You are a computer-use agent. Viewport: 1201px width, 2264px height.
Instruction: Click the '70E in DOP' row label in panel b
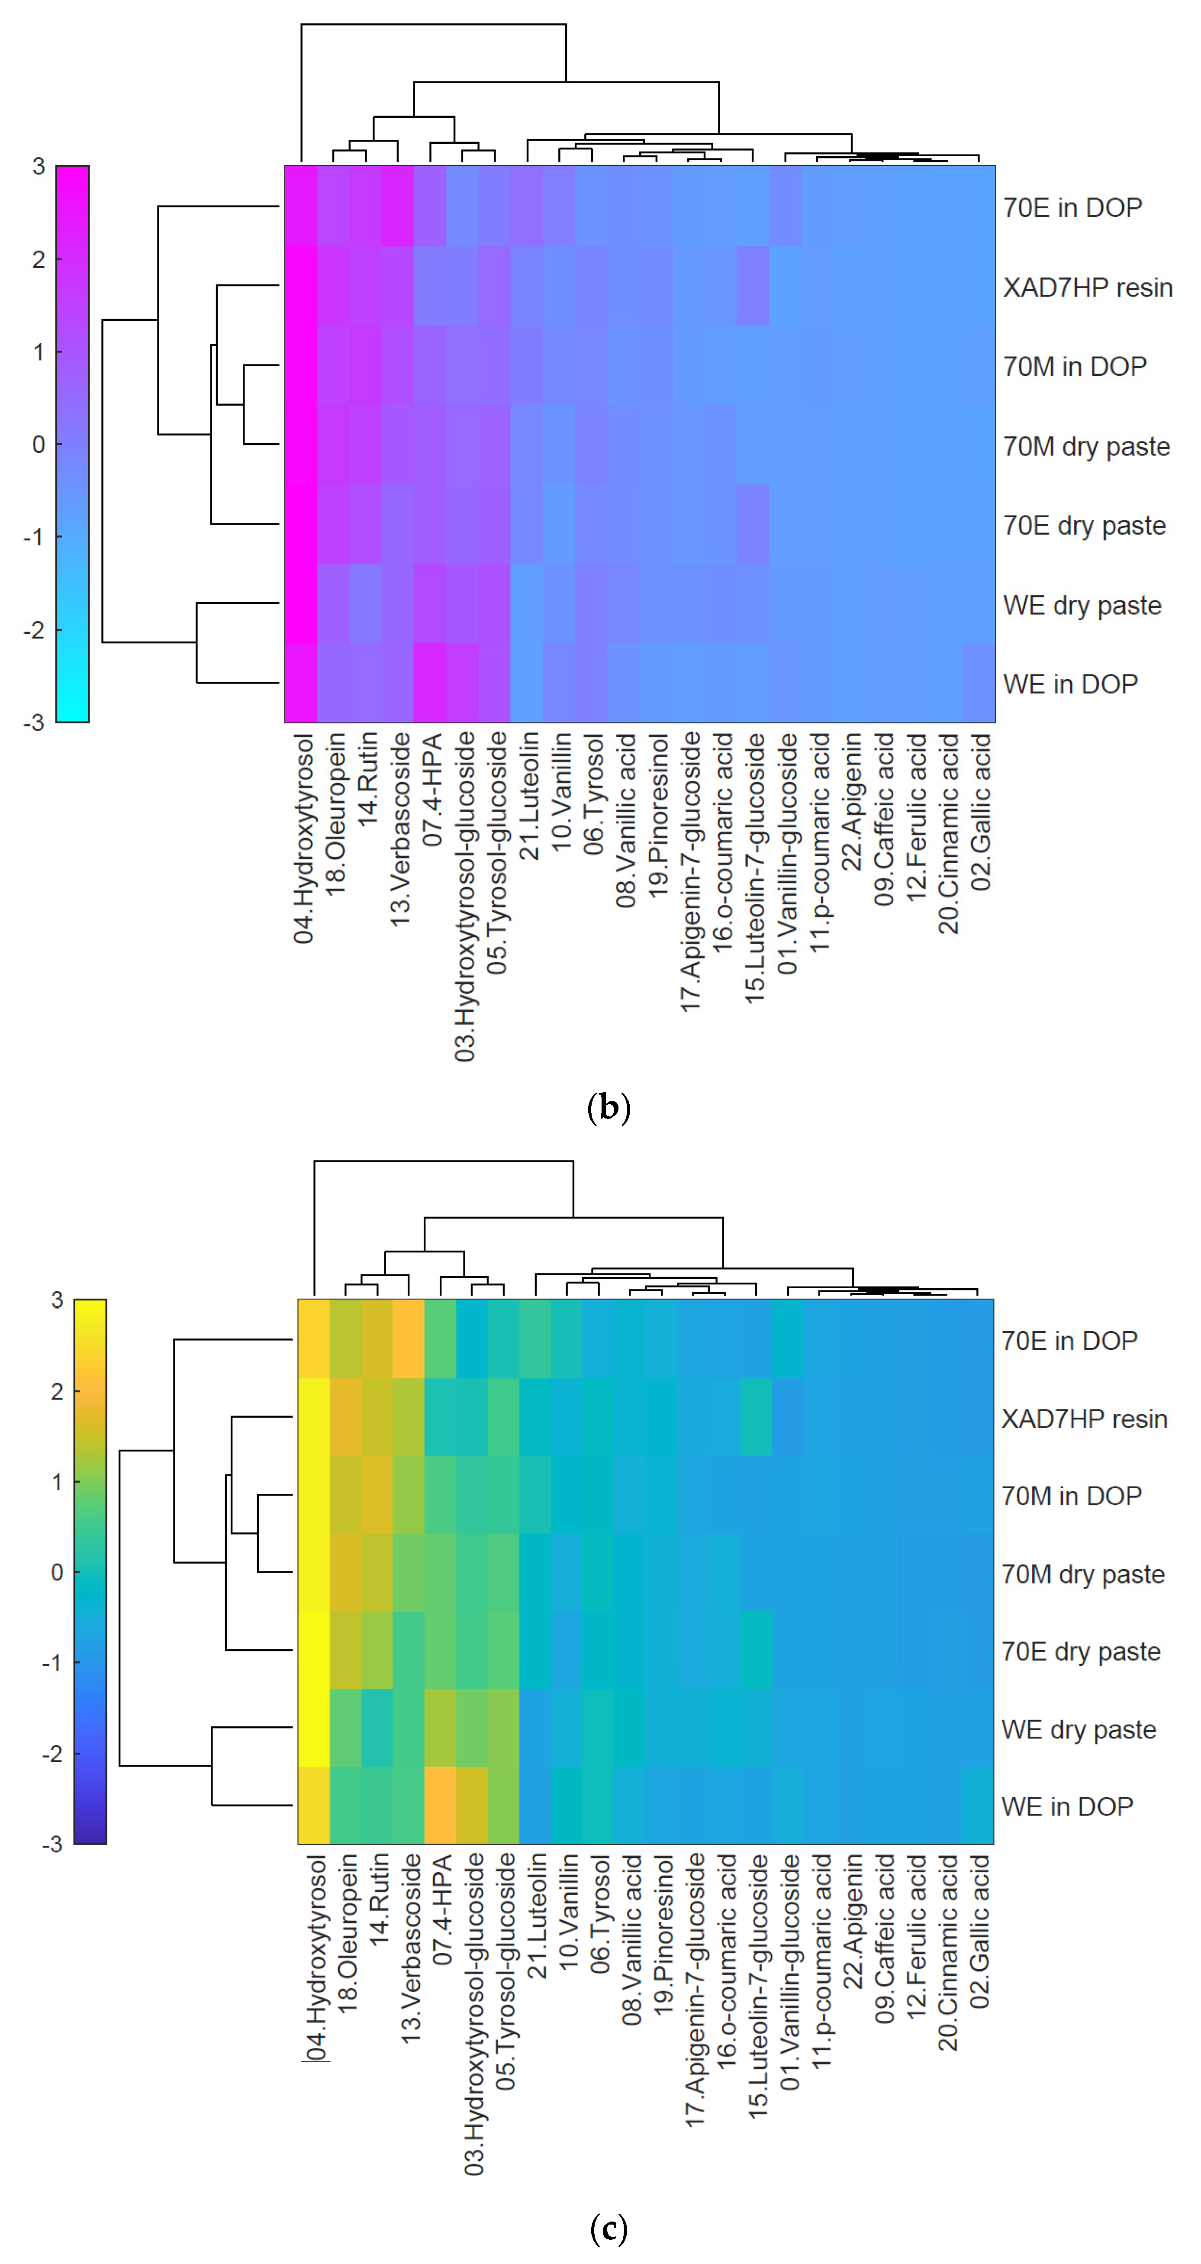click(1072, 207)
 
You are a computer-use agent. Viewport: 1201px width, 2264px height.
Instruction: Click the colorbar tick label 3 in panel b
click(39, 166)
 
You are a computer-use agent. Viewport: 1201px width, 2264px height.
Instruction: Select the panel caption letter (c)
click(608, 2228)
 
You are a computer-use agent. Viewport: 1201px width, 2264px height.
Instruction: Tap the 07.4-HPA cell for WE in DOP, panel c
click(440, 1805)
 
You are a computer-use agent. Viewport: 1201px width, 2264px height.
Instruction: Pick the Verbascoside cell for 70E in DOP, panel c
click(409, 1338)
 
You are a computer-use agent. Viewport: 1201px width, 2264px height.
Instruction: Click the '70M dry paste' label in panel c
click(1082, 1574)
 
